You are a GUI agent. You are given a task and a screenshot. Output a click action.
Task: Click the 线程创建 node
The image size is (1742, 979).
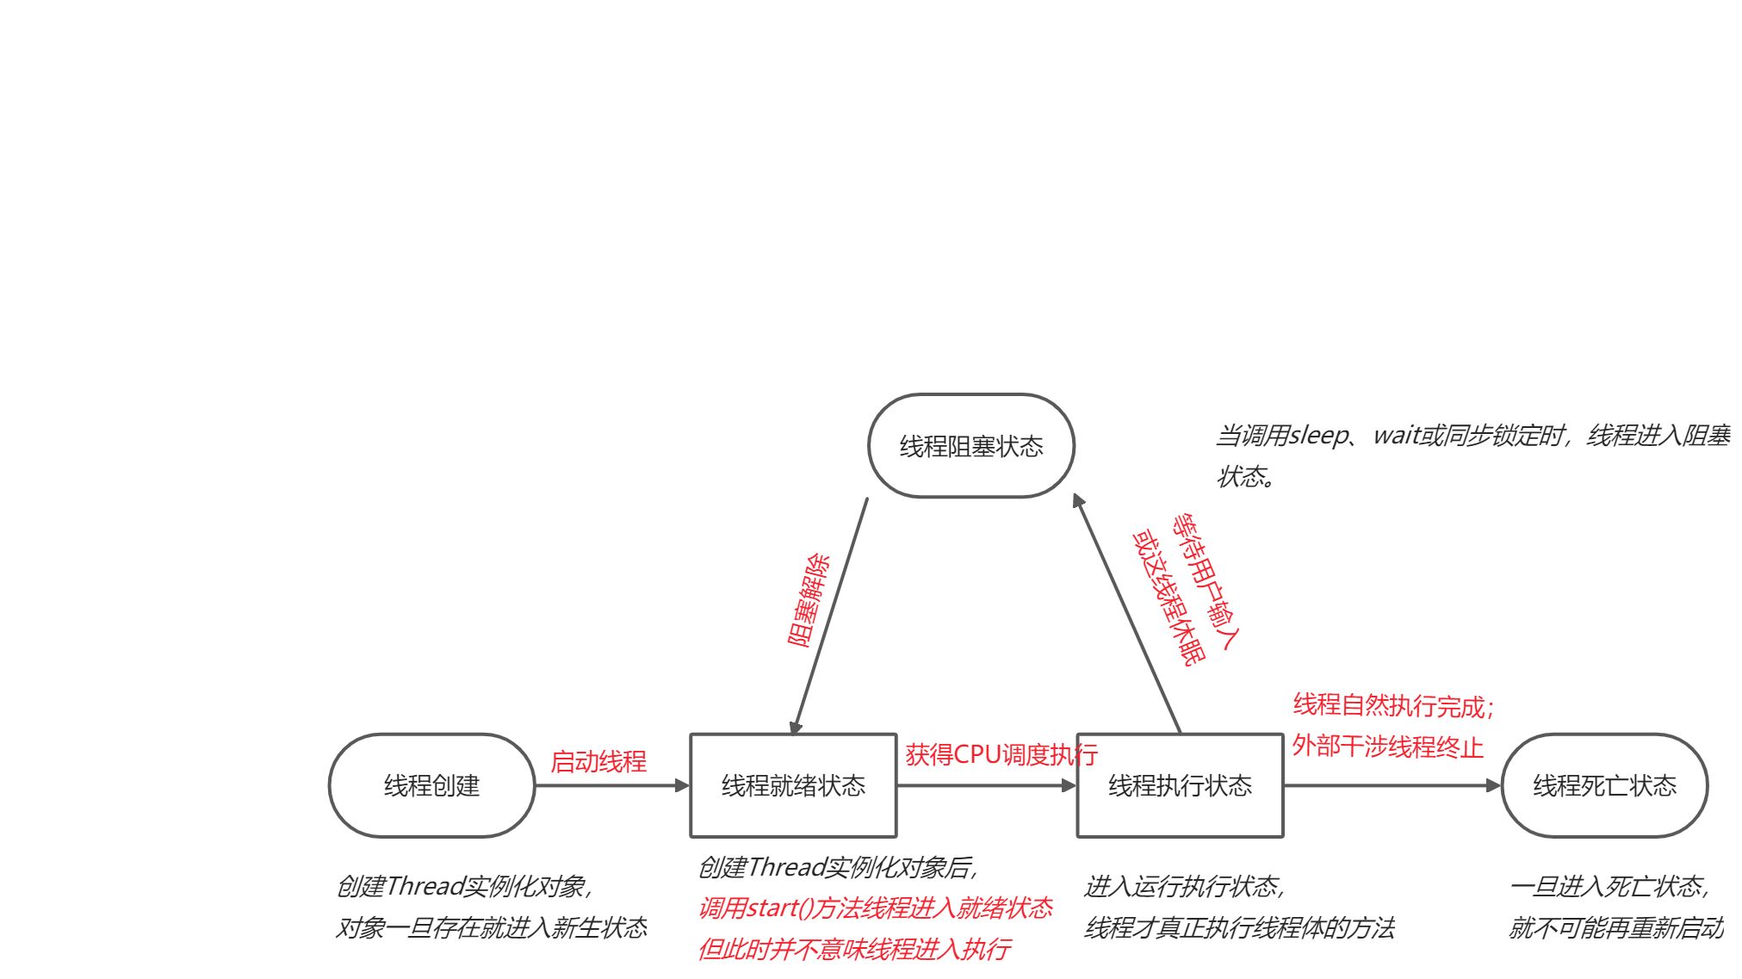[x=431, y=785]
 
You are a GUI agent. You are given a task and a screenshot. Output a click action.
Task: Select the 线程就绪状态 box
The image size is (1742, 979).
[x=793, y=785]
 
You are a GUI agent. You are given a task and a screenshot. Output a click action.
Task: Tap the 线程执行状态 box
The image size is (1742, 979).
[x=1180, y=785]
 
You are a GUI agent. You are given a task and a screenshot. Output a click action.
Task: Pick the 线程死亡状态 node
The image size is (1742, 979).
[x=1604, y=785]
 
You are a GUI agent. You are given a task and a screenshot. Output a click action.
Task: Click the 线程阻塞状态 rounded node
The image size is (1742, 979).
[x=971, y=446]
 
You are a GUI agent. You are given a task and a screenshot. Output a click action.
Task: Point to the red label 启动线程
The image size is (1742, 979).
[x=598, y=762]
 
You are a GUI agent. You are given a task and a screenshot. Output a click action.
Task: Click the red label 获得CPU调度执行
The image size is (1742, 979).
[x=1001, y=755]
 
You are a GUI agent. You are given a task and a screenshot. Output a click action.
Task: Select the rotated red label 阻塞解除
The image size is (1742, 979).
[x=809, y=600]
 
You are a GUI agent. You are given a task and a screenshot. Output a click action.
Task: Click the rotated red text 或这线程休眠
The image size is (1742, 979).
[x=1169, y=598]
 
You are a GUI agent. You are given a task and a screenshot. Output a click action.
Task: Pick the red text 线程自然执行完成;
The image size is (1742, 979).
[x=1392, y=706]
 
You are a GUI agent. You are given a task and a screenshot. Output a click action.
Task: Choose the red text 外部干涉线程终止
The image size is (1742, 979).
[x=1387, y=747]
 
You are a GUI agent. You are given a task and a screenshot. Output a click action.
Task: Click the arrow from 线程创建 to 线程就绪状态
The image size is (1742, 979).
[x=611, y=785]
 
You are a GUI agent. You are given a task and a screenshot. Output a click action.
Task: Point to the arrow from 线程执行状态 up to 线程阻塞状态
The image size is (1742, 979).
[x=1127, y=615]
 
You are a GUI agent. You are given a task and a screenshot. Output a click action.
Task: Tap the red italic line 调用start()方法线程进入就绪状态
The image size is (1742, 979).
[x=875, y=908]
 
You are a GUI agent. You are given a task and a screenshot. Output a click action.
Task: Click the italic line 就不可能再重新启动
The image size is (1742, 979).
[x=1615, y=928]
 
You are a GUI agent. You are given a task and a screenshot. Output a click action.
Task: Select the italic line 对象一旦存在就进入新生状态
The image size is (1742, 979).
[x=491, y=928]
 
